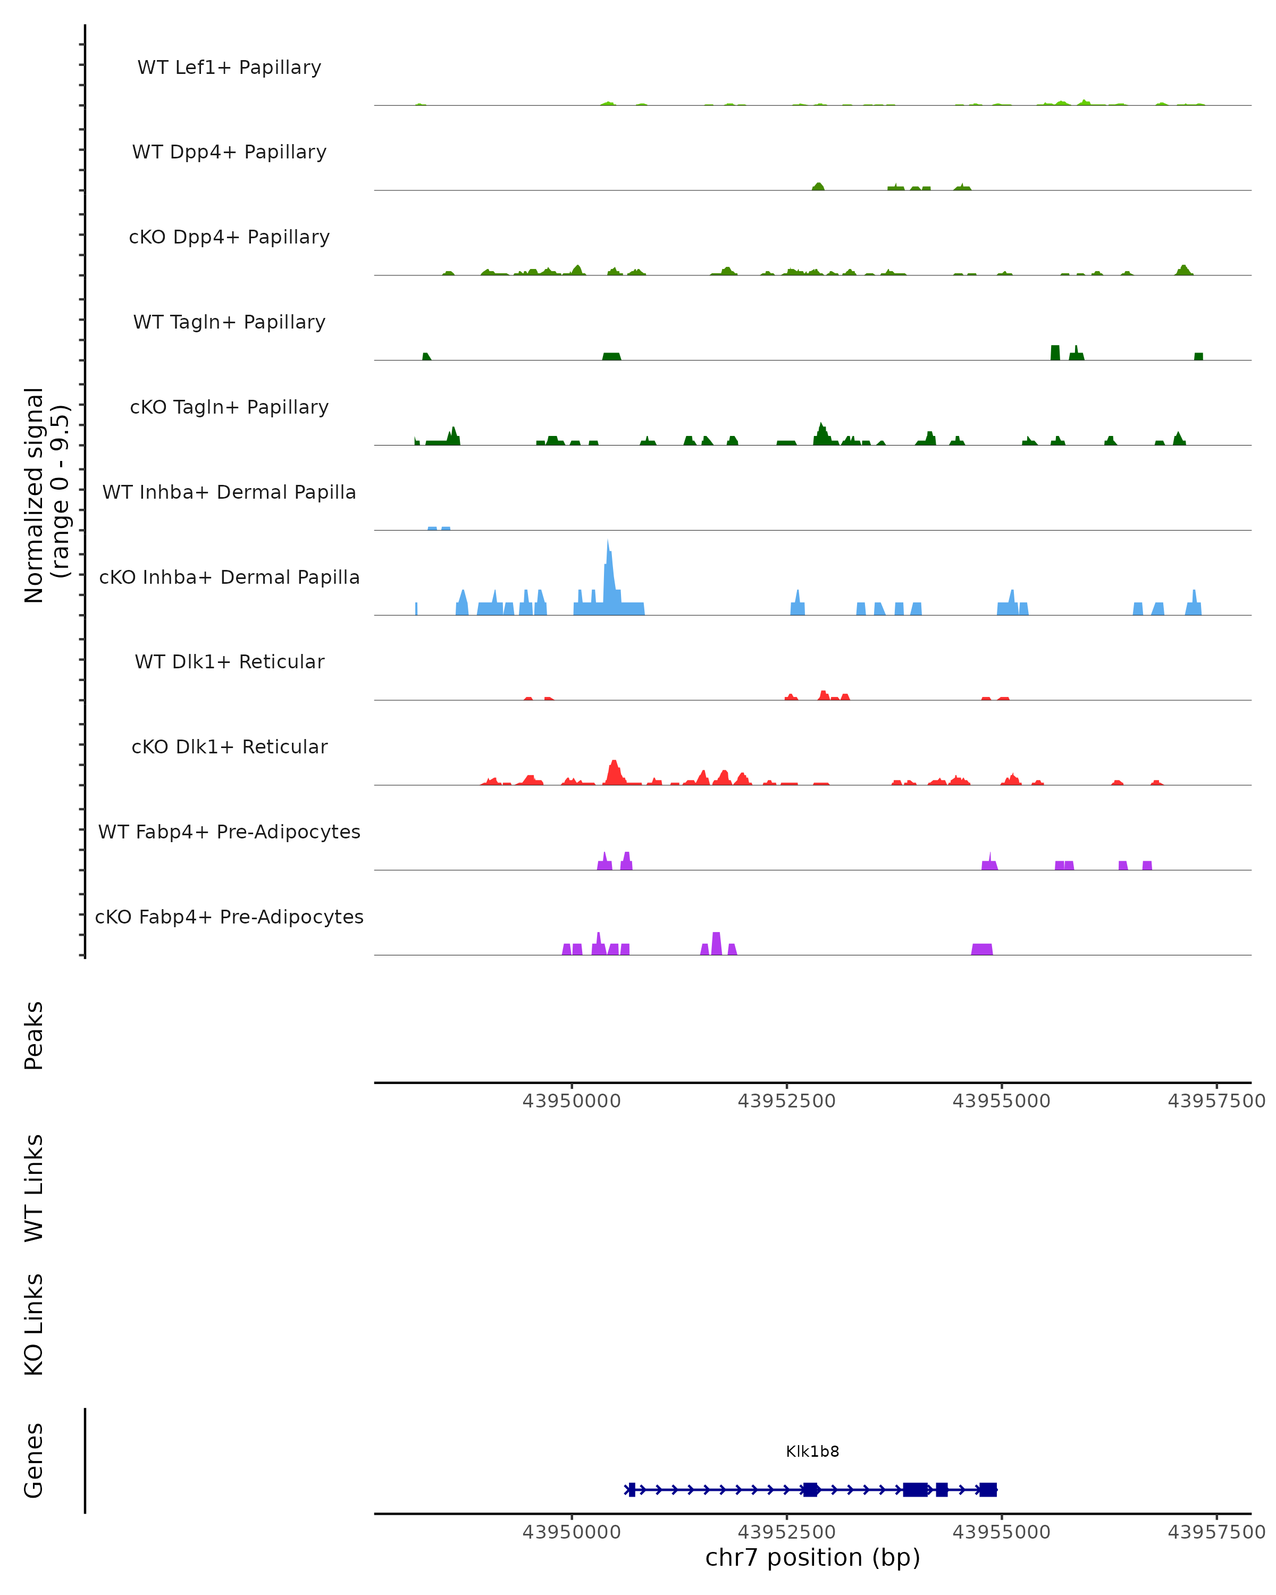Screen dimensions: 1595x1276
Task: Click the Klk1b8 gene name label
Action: pos(812,1451)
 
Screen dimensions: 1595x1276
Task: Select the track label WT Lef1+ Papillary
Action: pos(229,68)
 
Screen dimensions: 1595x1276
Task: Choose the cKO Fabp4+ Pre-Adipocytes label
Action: pos(229,917)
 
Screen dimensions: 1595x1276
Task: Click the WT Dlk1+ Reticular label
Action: pos(229,661)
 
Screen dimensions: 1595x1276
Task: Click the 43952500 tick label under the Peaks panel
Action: pos(786,1101)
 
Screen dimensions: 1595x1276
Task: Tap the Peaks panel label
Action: pos(34,1035)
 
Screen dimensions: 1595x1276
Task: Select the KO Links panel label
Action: pos(34,1324)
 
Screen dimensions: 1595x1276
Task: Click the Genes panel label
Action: pos(34,1460)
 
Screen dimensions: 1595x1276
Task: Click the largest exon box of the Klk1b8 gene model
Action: pos(915,1489)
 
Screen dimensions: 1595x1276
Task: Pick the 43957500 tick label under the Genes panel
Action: pos(1216,1532)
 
